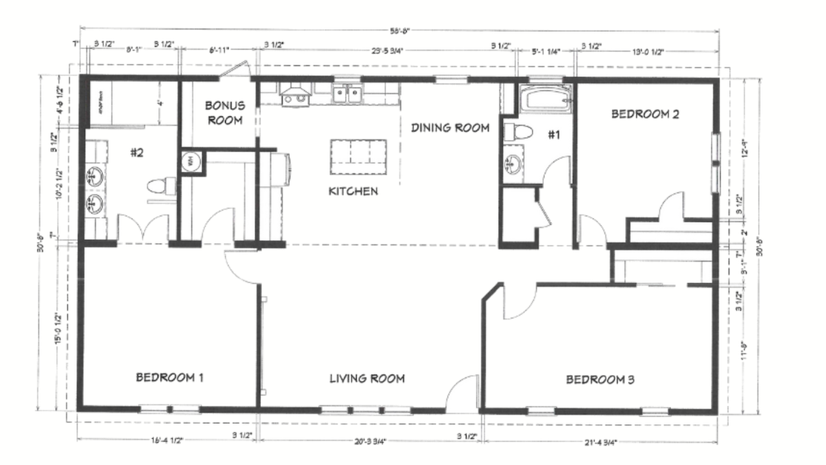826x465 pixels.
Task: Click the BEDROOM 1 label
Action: (169, 378)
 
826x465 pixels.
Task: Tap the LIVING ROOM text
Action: (366, 378)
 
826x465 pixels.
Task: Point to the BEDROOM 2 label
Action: (646, 114)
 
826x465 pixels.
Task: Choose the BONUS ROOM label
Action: (224, 113)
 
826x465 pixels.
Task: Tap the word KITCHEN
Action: (352, 191)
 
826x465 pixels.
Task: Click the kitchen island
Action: (358, 157)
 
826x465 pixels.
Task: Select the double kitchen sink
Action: (347, 94)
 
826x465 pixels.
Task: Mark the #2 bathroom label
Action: (136, 152)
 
